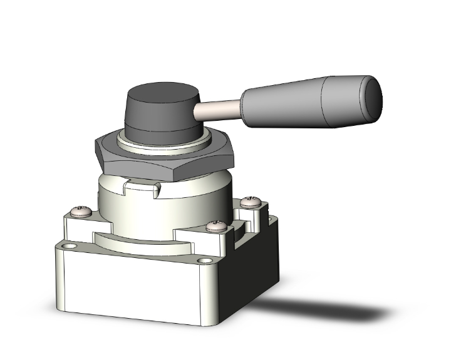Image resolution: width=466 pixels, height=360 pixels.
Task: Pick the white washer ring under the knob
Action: [x=164, y=141]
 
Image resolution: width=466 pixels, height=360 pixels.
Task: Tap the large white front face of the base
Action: [x=132, y=288]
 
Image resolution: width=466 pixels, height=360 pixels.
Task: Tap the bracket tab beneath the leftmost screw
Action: [x=78, y=225]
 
